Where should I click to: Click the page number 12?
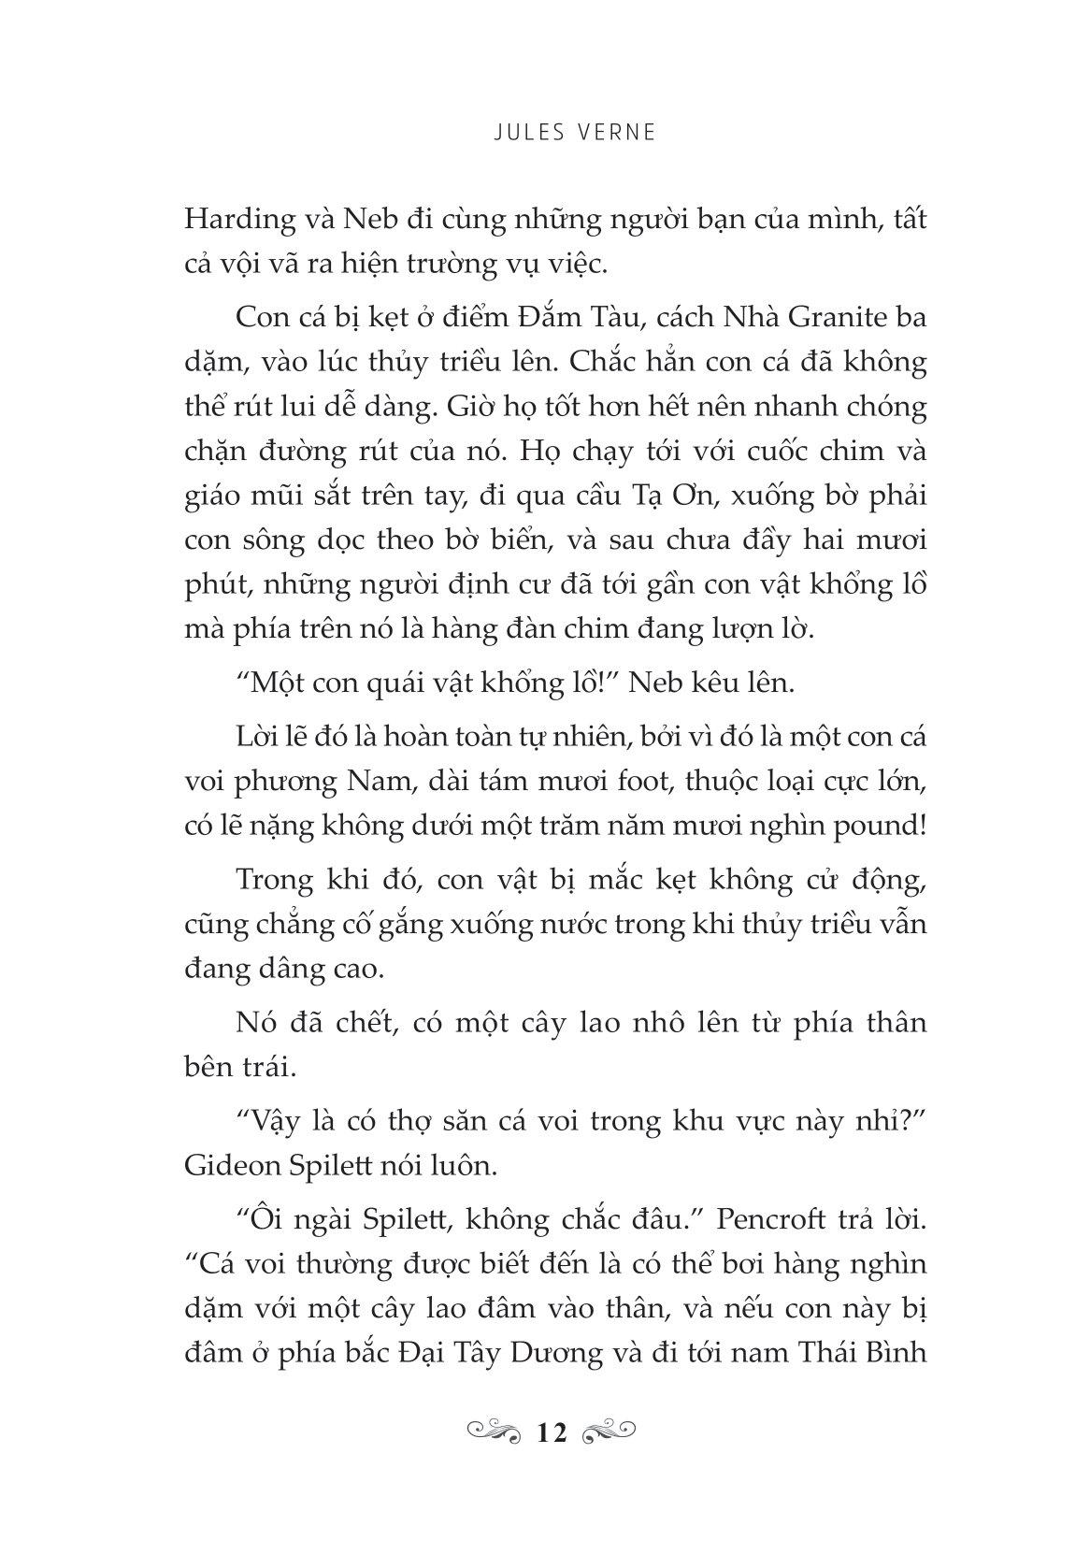(x=552, y=1432)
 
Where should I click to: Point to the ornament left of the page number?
(x=493, y=1431)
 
